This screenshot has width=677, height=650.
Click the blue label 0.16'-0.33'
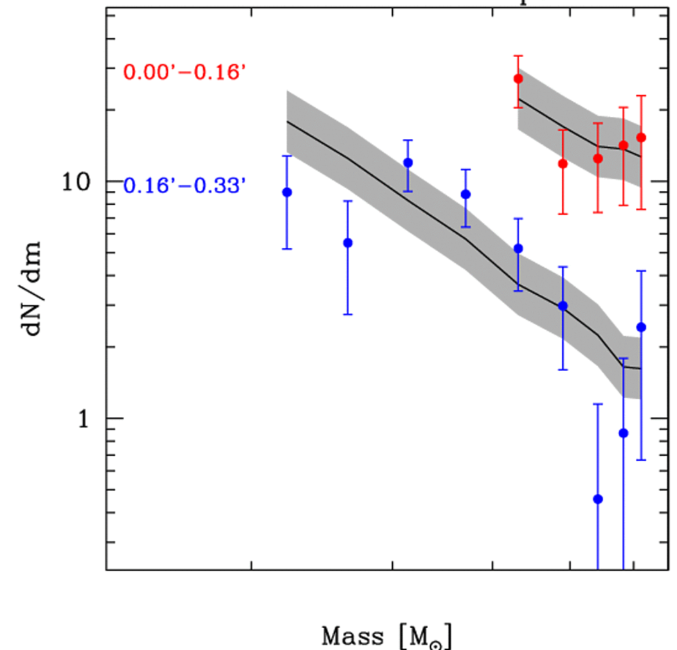coord(183,186)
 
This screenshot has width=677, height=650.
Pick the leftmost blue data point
coord(287,192)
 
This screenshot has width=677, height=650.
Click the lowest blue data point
coord(598,499)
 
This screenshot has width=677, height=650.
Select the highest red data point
coord(518,79)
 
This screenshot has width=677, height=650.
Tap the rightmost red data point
coord(641,137)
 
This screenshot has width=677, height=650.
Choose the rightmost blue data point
coord(641,327)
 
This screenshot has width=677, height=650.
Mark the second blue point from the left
coord(347,243)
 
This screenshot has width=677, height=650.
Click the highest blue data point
coord(408,163)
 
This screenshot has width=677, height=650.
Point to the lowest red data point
coord(563,164)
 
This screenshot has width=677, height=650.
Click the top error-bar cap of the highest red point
coord(518,55)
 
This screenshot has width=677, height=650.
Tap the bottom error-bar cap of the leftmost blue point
coord(287,248)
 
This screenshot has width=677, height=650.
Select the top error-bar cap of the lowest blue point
coord(598,404)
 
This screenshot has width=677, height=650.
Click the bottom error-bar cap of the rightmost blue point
coord(641,459)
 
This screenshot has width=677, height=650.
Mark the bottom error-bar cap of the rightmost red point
coord(641,209)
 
